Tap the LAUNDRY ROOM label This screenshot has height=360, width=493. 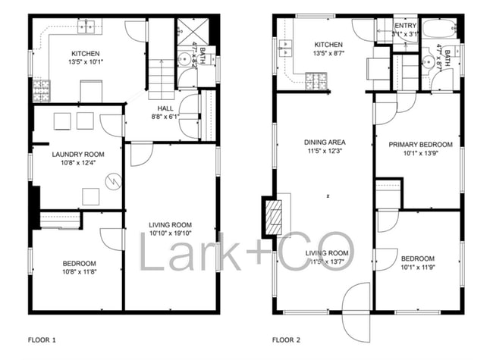pos(77,155)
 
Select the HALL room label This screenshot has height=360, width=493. pos(165,109)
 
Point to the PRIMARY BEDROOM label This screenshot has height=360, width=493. pos(420,145)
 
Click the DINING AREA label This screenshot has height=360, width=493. pos(325,142)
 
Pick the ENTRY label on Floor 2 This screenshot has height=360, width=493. pos(405,25)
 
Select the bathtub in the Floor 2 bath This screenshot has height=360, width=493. pos(440,30)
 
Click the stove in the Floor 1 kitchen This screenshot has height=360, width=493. pos(41,91)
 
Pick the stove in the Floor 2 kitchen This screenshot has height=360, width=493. pos(316,80)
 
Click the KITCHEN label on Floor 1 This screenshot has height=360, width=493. pos(85,53)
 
